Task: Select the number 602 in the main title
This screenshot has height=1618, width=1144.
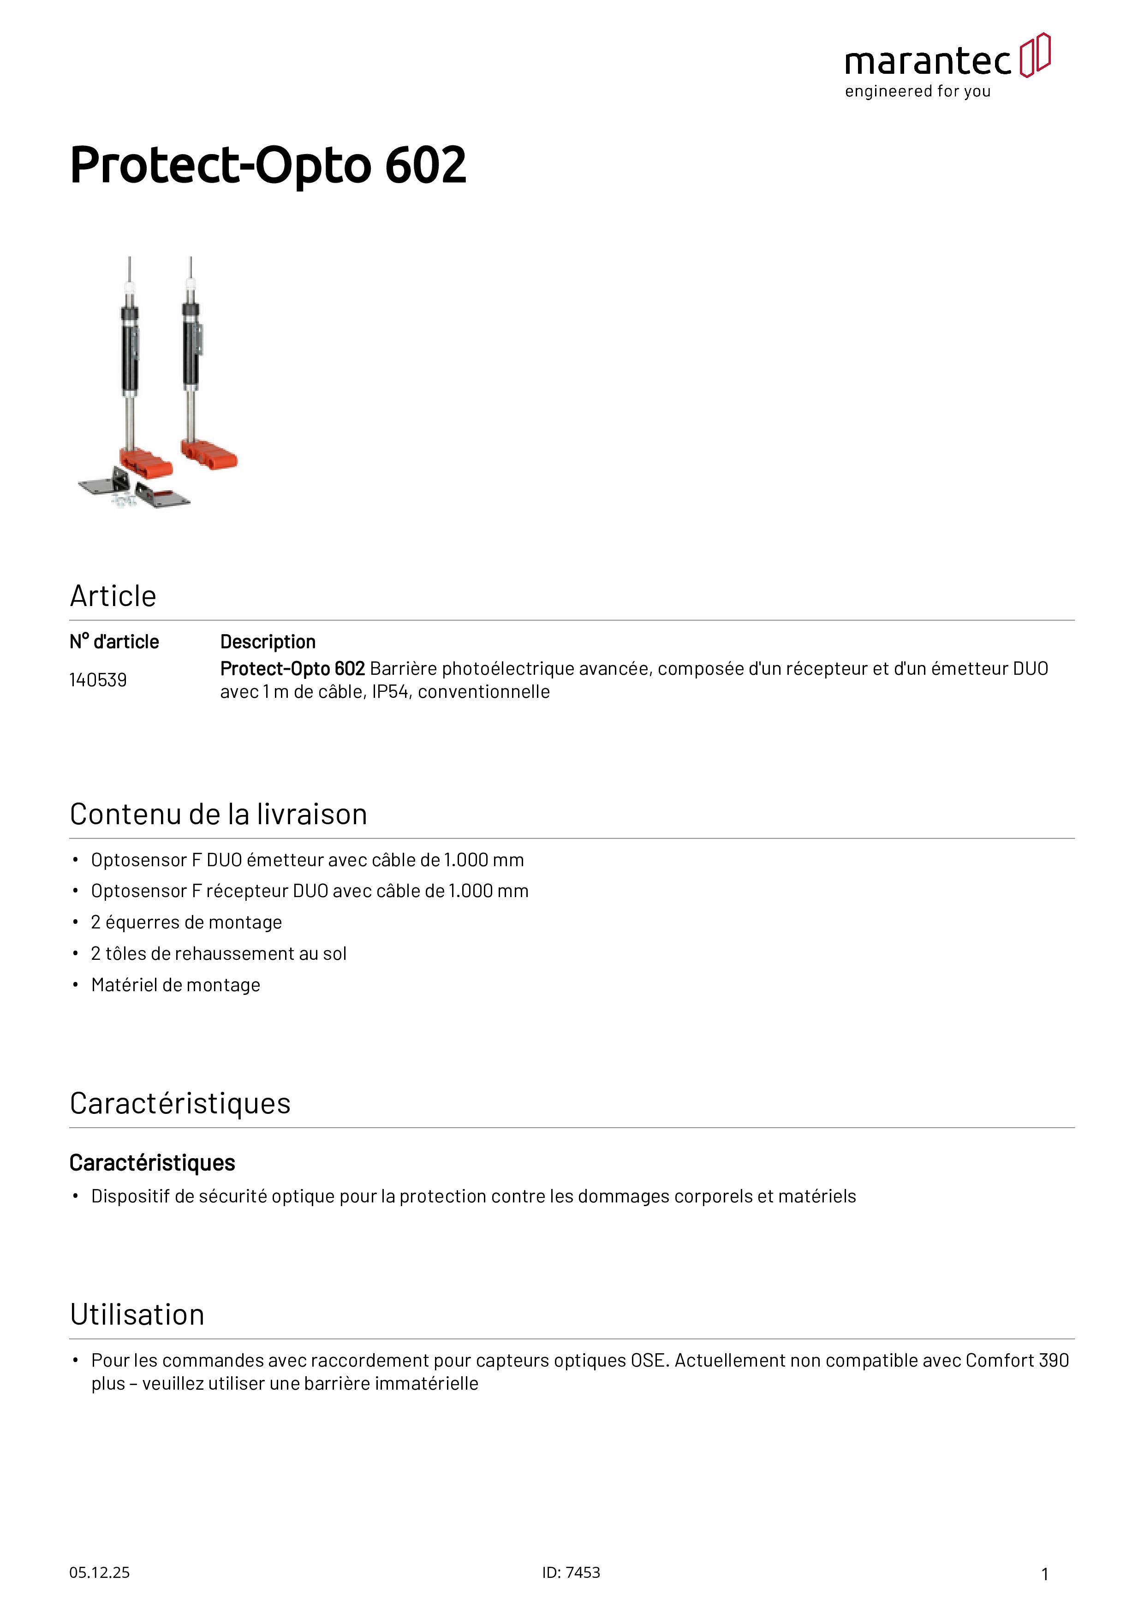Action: pyautogui.click(x=426, y=166)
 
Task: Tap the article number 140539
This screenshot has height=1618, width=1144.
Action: pyautogui.click(x=98, y=680)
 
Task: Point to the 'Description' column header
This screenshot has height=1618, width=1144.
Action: pyautogui.click(x=268, y=642)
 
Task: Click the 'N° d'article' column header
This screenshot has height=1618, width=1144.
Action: pyautogui.click(x=114, y=642)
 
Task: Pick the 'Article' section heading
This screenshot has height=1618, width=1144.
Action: pyautogui.click(x=113, y=596)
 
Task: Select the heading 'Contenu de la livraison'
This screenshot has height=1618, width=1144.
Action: pyautogui.click(x=219, y=815)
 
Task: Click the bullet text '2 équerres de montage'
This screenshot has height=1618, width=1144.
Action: pyautogui.click(x=186, y=922)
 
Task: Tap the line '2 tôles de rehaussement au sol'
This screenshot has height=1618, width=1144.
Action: pyautogui.click(x=219, y=953)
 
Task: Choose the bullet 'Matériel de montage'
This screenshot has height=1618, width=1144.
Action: pyautogui.click(x=175, y=985)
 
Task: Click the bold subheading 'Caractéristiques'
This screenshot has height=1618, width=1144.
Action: pyautogui.click(x=152, y=1163)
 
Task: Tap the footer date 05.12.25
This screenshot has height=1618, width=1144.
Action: pyautogui.click(x=99, y=1572)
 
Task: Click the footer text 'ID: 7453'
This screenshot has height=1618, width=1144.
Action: pyautogui.click(x=571, y=1572)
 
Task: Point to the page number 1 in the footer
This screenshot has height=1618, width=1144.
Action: pyautogui.click(x=1045, y=1574)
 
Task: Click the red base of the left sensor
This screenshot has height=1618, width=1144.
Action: pyautogui.click(x=146, y=462)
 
